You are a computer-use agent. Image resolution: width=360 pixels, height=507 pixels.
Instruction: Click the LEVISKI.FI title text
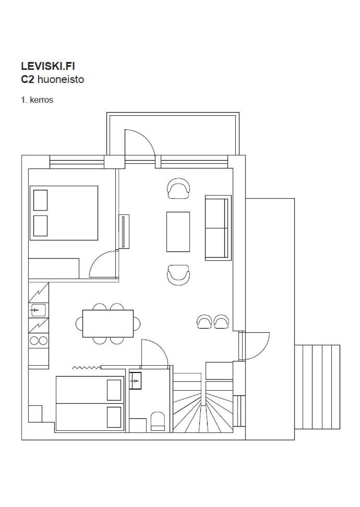[x=48, y=66]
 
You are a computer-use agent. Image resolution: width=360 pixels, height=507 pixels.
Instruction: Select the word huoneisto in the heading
[x=61, y=79]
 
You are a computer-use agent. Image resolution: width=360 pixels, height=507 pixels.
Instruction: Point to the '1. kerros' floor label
[x=37, y=100]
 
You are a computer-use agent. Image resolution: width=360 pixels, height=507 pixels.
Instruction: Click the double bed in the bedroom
[x=64, y=213]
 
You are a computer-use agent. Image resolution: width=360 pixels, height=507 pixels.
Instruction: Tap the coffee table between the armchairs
[x=178, y=232]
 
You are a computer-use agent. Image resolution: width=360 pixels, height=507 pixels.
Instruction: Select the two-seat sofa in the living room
[x=218, y=227]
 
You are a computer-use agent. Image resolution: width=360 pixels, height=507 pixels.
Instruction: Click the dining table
[x=108, y=323]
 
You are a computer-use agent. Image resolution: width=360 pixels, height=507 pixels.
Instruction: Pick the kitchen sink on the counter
[x=38, y=310]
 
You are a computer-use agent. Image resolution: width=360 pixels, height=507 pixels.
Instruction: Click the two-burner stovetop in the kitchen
[x=39, y=341]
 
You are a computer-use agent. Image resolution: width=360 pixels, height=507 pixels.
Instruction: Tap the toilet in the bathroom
[x=158, y=421]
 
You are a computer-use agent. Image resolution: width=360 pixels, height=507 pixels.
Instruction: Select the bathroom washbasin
[x=136, y=381]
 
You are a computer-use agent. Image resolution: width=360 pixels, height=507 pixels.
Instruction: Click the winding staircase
[x=203, y=403]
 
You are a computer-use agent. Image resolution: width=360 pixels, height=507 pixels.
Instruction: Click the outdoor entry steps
[x=317, y=387]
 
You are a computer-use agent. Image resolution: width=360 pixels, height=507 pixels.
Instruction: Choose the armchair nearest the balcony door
[x=178, y=188]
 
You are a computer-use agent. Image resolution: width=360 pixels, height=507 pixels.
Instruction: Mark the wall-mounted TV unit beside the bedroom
[x=124, y=232]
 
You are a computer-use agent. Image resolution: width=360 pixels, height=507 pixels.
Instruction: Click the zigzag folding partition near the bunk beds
[x=87, y=368]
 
